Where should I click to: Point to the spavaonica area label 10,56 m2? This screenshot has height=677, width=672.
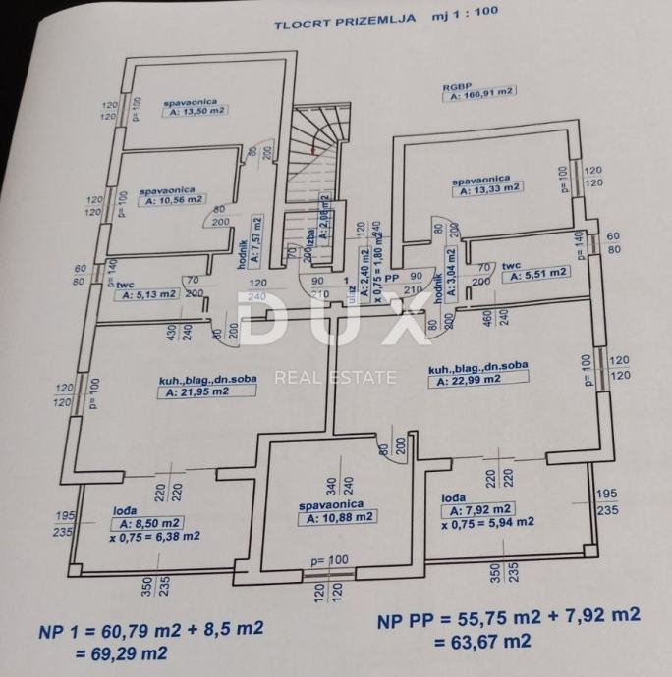(x=173, y=200)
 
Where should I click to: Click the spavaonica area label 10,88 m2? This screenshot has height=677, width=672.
(x=339, y=517)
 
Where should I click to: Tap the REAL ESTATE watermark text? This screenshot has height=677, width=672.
(x=335, y=376)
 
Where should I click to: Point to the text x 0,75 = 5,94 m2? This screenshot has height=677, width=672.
(x=488, y=523)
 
